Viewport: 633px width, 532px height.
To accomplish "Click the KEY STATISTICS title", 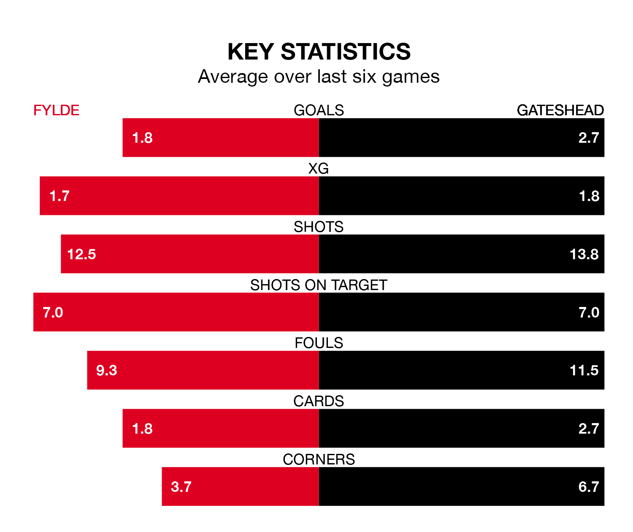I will click(319, 52).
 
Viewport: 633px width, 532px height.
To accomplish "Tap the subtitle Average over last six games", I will click(319, 77).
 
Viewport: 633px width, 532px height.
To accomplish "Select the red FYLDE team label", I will click(56, 110).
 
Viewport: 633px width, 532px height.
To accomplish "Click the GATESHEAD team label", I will click(560, 110).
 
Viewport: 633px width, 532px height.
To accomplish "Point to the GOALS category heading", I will click(319, 110).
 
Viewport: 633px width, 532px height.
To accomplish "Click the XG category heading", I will click(319, 168).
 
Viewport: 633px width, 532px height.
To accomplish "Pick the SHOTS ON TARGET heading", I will click(319, 285).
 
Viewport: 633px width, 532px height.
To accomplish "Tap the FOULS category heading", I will click(319, 343).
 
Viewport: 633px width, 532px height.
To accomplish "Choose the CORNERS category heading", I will click(319, 459).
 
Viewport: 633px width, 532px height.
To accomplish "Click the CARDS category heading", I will click(319, 401).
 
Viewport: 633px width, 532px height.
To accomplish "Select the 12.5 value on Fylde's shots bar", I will click(81, 254).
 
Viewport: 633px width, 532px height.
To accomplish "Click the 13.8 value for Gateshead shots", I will click(584, 254).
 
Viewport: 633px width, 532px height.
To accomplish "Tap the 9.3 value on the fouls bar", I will click(106, 370).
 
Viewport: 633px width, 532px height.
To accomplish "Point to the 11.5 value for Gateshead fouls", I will click(584, 370).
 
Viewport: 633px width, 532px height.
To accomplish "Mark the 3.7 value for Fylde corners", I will click(181, 487).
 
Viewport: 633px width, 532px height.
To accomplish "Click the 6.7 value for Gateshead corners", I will click(589, 487).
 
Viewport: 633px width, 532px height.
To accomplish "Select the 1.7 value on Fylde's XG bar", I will click(59, 196).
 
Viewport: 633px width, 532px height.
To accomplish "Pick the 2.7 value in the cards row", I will click(589, 429).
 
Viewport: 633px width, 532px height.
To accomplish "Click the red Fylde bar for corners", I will click(253, 486).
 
